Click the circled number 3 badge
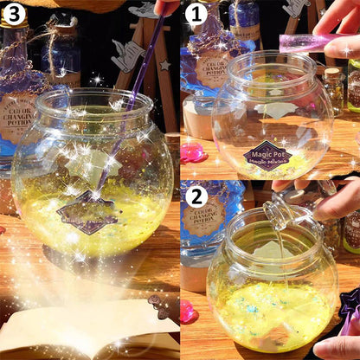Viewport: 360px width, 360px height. click(15, 15)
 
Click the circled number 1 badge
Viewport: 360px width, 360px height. click(196, 15)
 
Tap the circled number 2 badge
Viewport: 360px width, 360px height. click(196, 196)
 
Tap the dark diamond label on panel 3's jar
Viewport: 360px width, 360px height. click(87, 212)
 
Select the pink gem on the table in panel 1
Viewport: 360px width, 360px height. click(192, 153)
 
